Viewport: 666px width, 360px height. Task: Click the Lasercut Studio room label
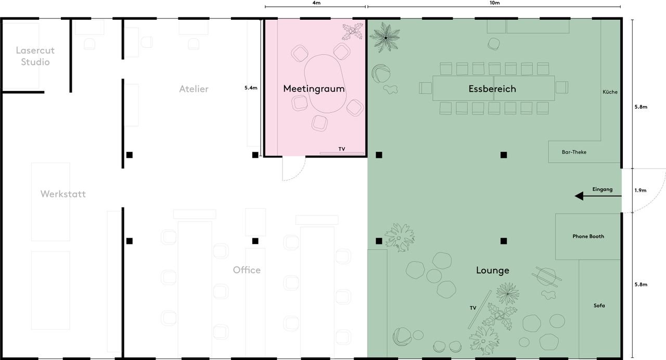35,56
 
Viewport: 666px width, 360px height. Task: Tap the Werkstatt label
63,194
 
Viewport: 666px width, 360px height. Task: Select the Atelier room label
194,89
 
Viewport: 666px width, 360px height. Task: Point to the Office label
247,270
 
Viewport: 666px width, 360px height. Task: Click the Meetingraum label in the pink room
314,89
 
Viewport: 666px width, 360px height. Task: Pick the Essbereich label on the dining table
492,89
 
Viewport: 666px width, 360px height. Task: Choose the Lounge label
492,271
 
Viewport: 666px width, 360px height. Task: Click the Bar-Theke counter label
574,152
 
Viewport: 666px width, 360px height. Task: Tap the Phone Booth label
588,236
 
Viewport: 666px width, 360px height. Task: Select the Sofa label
599,305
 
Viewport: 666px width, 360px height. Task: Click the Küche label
610,92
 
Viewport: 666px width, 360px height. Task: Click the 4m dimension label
316,3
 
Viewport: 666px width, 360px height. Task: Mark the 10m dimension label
494,3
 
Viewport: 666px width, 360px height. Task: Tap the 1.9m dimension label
640,190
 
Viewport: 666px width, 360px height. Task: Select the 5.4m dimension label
251,88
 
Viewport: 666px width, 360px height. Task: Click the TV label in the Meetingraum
342,149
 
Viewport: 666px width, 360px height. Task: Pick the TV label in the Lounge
473,308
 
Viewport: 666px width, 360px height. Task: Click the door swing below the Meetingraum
292,170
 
